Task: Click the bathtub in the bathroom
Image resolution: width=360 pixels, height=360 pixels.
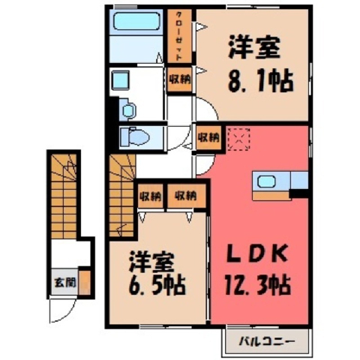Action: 136,22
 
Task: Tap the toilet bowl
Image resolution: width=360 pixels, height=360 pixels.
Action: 135,137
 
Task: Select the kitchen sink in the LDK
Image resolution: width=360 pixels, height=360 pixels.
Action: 266,181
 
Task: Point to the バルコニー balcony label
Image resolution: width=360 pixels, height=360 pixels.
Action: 267,341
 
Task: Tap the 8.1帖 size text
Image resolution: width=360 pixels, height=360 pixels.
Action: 260,82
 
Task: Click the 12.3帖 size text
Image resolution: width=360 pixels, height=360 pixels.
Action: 258,285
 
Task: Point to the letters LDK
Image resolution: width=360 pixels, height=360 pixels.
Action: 256,253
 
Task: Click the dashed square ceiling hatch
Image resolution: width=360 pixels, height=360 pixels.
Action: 238,139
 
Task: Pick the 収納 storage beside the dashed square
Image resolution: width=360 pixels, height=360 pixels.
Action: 208,137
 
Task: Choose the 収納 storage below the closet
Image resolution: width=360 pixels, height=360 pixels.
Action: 179,79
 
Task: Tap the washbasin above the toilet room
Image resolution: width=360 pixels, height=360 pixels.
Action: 128,109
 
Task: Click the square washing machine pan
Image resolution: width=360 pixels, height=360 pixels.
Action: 121,80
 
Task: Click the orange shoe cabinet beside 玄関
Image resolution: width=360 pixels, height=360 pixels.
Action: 85,283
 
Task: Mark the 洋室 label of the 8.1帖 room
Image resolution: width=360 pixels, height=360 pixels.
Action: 253,48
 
